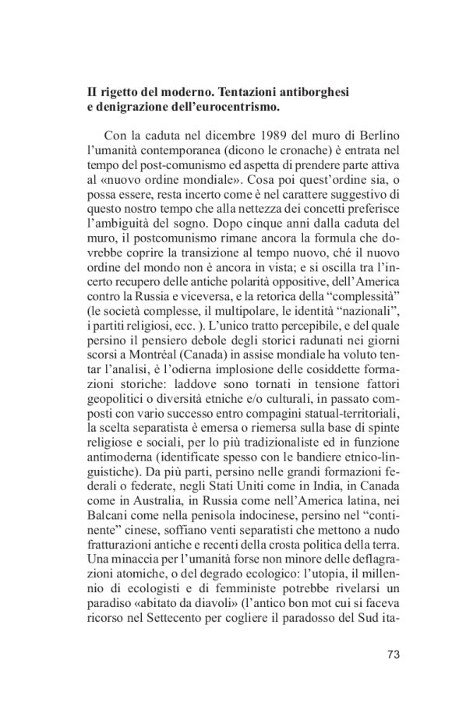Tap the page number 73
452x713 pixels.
393,654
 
